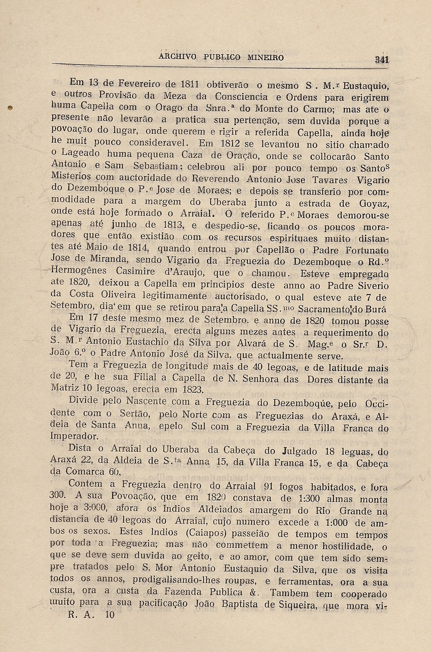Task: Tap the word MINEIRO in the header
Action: [265, 57]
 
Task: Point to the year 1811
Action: [191, 84]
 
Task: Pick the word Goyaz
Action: [374, 203]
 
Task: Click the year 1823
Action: [189, 389]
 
